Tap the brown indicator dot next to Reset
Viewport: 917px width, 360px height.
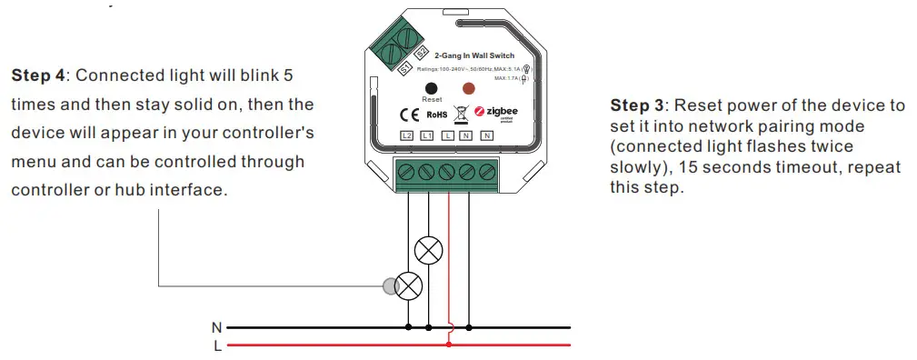click(469, 89)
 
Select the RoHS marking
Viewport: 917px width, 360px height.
click(435, 115)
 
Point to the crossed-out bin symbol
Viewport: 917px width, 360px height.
click(461, 114)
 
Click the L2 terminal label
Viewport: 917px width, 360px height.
click(407, 136)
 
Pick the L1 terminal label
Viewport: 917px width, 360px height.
click(427, 136)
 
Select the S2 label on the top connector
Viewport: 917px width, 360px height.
click(421, 54)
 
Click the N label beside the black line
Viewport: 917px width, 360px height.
click(216, 326)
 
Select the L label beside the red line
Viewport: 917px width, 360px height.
click(216, 345)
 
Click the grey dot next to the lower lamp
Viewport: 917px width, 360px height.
click(390, 287)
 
